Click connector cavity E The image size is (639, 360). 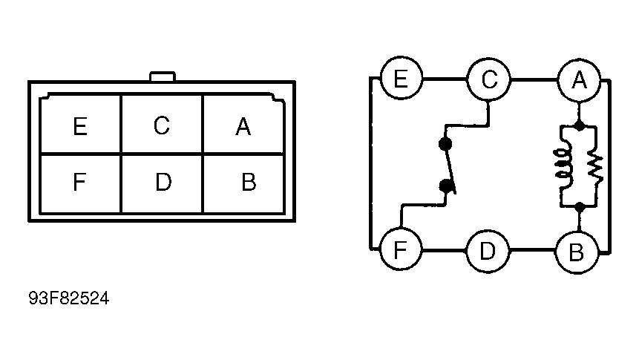click(81, 125)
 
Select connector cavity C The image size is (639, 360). click(162, 125)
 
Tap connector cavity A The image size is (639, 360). click(243, 125)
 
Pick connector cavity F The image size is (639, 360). click(81, 183)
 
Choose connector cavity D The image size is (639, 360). click(162, 183)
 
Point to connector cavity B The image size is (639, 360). click(243, 183)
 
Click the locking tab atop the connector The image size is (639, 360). click(163, 76)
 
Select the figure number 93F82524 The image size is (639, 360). click(69, 298)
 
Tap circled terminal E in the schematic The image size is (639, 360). click(401, 78)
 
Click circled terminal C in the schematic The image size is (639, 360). click(488, 79)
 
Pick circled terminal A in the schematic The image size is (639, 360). click(579, 80)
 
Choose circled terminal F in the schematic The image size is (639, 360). click(401, 249)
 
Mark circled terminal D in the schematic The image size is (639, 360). click(488, 251)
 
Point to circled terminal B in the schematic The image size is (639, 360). click(577, 252)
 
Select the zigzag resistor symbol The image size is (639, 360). click(595, 168)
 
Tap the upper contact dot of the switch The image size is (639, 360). click(445, 143)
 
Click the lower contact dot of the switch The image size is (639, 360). click(447, 186)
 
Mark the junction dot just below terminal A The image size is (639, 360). click(579, 125)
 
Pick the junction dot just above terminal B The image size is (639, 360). click(579, 208)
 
